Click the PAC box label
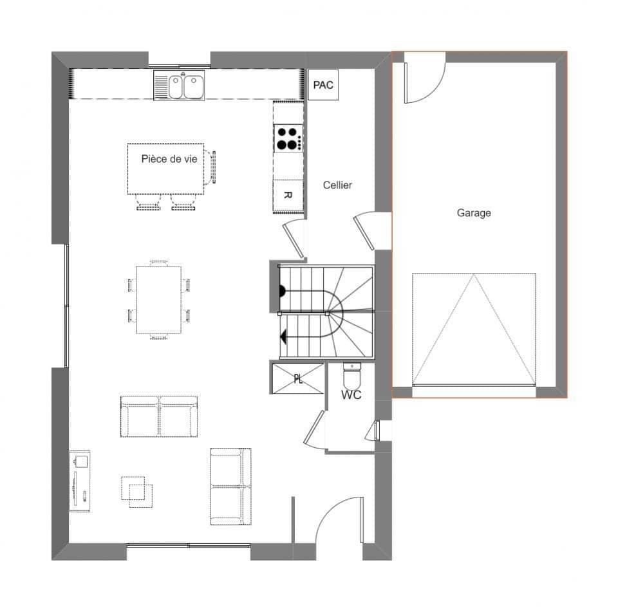323,85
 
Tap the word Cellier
337,185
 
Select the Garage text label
474,212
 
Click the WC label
351,395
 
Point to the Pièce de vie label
169,159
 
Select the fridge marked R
288,194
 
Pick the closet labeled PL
298,378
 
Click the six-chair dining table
158,299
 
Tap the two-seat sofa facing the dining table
159,417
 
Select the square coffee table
137,491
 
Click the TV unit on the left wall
80,481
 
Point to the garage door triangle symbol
474,329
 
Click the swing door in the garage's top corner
422,77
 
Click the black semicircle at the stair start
282,290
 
